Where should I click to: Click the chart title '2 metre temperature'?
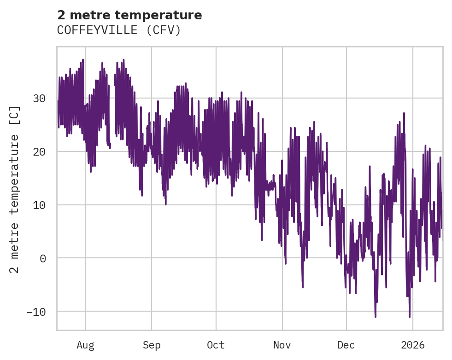point(129,15)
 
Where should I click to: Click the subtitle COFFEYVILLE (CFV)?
point(119,30)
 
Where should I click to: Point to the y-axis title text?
point(15,189)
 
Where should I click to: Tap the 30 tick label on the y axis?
point(40,99)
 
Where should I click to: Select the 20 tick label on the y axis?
point(40,152)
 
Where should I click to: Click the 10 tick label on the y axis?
point(40,205)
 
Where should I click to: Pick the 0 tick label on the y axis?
point(43,258)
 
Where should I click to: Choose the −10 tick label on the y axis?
point(36,312)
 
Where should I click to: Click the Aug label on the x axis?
point(86,345)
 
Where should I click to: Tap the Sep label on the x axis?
point(152,345)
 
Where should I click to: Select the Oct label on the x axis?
point(216,345)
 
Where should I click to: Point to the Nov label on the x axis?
point(282,345)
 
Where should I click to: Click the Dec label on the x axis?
point(346,345)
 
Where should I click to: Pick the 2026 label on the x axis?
point(413,345)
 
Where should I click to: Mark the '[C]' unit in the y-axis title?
point(15,115)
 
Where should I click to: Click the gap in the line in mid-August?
point(112,115)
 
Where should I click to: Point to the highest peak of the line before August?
point(83,59)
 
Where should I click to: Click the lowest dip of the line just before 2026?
point(409,317)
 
